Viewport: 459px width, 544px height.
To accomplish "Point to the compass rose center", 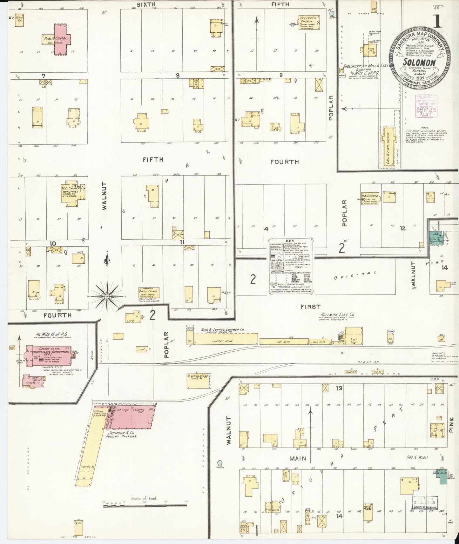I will pos(107,296).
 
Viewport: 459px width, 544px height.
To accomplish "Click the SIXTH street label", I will pos(146,4).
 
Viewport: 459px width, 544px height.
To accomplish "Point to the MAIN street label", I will pos(298,458).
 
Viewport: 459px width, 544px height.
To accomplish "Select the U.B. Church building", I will pos(369,199).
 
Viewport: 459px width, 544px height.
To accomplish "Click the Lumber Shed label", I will pos(225,341).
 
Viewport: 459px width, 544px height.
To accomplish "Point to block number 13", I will pos(339,388).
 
